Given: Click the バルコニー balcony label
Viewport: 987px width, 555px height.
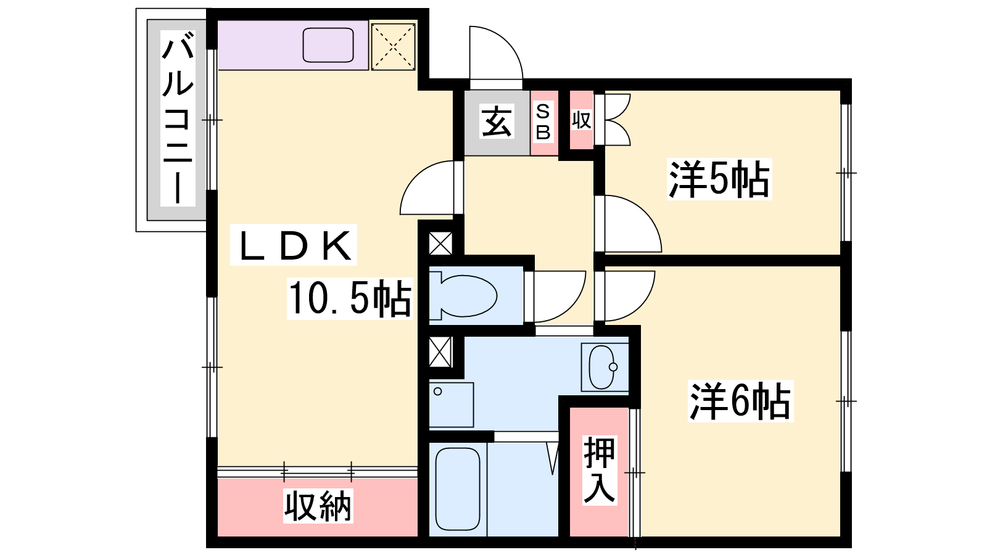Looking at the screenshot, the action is coord(178,118).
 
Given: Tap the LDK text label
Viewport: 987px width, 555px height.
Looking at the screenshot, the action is coord(294,245).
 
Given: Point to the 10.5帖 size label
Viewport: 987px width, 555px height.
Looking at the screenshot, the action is coord(350,298).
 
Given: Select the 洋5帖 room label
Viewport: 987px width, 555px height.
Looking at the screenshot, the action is coord(719,179).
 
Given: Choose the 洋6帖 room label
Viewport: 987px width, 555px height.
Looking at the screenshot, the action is coord(740,401).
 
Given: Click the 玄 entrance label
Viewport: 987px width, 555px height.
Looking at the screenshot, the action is coord(497,121).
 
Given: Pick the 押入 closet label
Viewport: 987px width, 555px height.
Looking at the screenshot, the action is coord(599,469).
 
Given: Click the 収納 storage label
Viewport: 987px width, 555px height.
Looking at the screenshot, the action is coord(318,506).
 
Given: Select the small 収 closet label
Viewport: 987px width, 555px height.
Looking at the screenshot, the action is coord(581,120).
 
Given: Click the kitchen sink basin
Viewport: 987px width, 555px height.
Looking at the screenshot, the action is coord(328,45).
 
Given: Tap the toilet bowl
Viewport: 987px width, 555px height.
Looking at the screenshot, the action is coord(463,295).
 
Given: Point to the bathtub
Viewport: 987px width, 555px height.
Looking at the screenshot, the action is coord(457,490).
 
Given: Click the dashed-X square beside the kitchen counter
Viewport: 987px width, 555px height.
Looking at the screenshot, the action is coord(392,46).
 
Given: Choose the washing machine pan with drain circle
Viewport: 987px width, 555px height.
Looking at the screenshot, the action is coord(451,405).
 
